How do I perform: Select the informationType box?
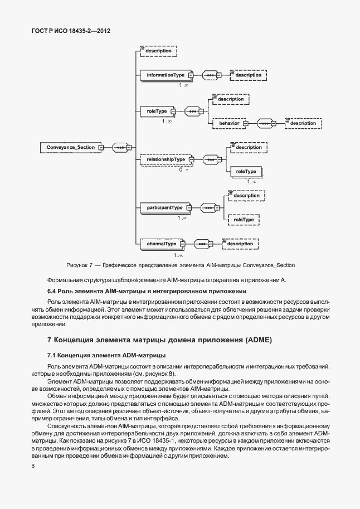(x=166, y=75)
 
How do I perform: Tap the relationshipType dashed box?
(x=166, y=160)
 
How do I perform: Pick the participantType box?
(x=164, y=208)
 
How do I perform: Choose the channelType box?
(x=162, y=244)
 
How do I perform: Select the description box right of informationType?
(x=248, y=75)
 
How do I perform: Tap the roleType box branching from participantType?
(x=243, y=220)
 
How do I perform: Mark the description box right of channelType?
(x=240, y=244)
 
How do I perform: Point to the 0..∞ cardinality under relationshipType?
(x=184, y=169)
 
